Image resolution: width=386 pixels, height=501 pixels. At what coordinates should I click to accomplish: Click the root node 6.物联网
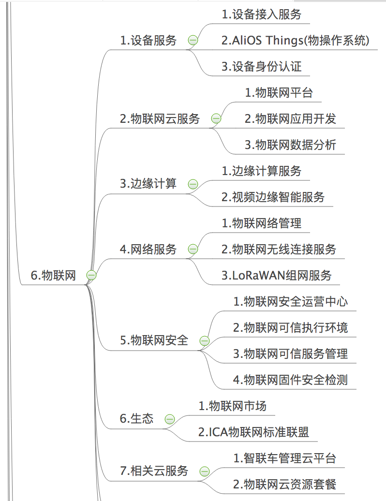53,275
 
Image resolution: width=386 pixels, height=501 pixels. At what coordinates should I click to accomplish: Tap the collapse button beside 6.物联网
91,275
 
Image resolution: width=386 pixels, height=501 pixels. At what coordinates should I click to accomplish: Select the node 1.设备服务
148,40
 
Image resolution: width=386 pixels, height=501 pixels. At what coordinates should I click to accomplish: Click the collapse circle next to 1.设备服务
193,40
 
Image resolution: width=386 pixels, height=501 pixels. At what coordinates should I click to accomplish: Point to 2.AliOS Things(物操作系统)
295,41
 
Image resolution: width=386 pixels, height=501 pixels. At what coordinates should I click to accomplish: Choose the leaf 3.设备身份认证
262,66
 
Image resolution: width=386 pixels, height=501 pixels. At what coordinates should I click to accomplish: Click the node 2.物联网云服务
160,118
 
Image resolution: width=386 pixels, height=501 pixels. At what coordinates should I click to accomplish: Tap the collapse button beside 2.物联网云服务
216,118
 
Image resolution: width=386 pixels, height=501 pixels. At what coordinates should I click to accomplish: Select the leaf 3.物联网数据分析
290,145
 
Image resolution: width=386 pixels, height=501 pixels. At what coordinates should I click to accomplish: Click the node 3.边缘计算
148,184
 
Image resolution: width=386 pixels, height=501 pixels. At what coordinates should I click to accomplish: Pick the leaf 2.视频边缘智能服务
273,197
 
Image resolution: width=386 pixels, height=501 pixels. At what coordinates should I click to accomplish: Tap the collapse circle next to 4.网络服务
193,249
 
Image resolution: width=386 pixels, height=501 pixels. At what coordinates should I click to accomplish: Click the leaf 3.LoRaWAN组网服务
277,275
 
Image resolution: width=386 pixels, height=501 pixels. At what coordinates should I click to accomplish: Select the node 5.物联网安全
154,340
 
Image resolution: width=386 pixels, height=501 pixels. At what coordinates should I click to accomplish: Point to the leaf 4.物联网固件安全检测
290,380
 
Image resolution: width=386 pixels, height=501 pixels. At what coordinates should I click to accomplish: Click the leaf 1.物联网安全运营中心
290,301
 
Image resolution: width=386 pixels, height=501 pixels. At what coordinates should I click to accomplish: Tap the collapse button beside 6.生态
170,419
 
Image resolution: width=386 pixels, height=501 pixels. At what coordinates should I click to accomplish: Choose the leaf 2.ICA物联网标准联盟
254,432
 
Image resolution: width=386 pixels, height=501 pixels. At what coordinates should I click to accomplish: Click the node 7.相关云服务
154,471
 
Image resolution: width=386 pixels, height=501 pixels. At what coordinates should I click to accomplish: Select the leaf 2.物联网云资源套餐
285,484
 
